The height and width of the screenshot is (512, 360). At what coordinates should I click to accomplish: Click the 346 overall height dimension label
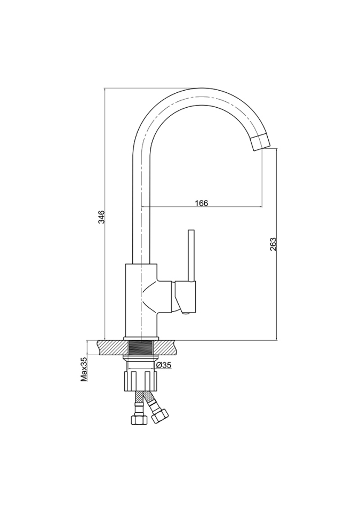[101, 217]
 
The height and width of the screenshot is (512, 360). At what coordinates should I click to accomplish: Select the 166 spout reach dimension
[202, 203]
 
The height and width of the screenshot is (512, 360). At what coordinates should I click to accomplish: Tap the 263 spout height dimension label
[274, 244]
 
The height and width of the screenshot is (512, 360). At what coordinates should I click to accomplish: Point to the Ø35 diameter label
[164, 365]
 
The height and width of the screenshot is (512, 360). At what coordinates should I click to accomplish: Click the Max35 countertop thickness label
[84, 369]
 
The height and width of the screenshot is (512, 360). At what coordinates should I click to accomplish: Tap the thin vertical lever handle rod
[191, 255]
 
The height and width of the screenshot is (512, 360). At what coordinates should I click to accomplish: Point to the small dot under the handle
[186, 314]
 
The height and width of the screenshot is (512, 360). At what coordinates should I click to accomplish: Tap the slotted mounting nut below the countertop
[141, 380]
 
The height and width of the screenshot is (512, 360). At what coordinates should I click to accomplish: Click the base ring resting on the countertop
[141, 338]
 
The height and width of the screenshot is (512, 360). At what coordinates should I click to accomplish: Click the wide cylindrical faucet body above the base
[141, 300]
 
